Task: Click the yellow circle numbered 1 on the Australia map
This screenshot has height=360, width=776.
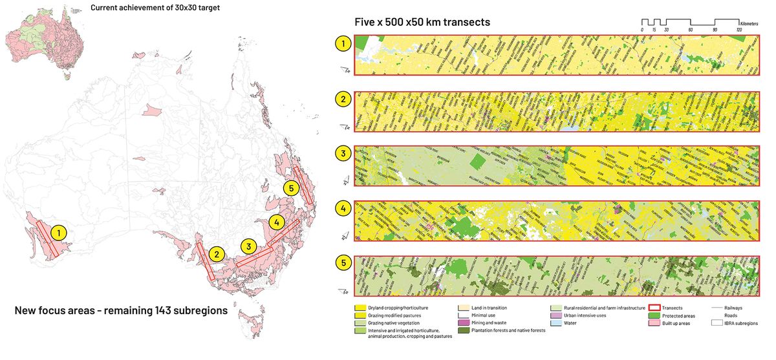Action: point(59,231)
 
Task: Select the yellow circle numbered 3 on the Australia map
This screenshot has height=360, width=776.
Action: point(248,246)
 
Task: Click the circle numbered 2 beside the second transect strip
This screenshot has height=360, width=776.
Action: point(343,100)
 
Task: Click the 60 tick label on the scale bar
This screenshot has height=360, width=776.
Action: point(690,30)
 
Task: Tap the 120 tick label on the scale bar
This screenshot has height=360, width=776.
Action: point(738,30)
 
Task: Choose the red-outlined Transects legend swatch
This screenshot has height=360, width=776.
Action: point(654,308)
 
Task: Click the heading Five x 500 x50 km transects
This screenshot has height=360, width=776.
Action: point(422,22)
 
